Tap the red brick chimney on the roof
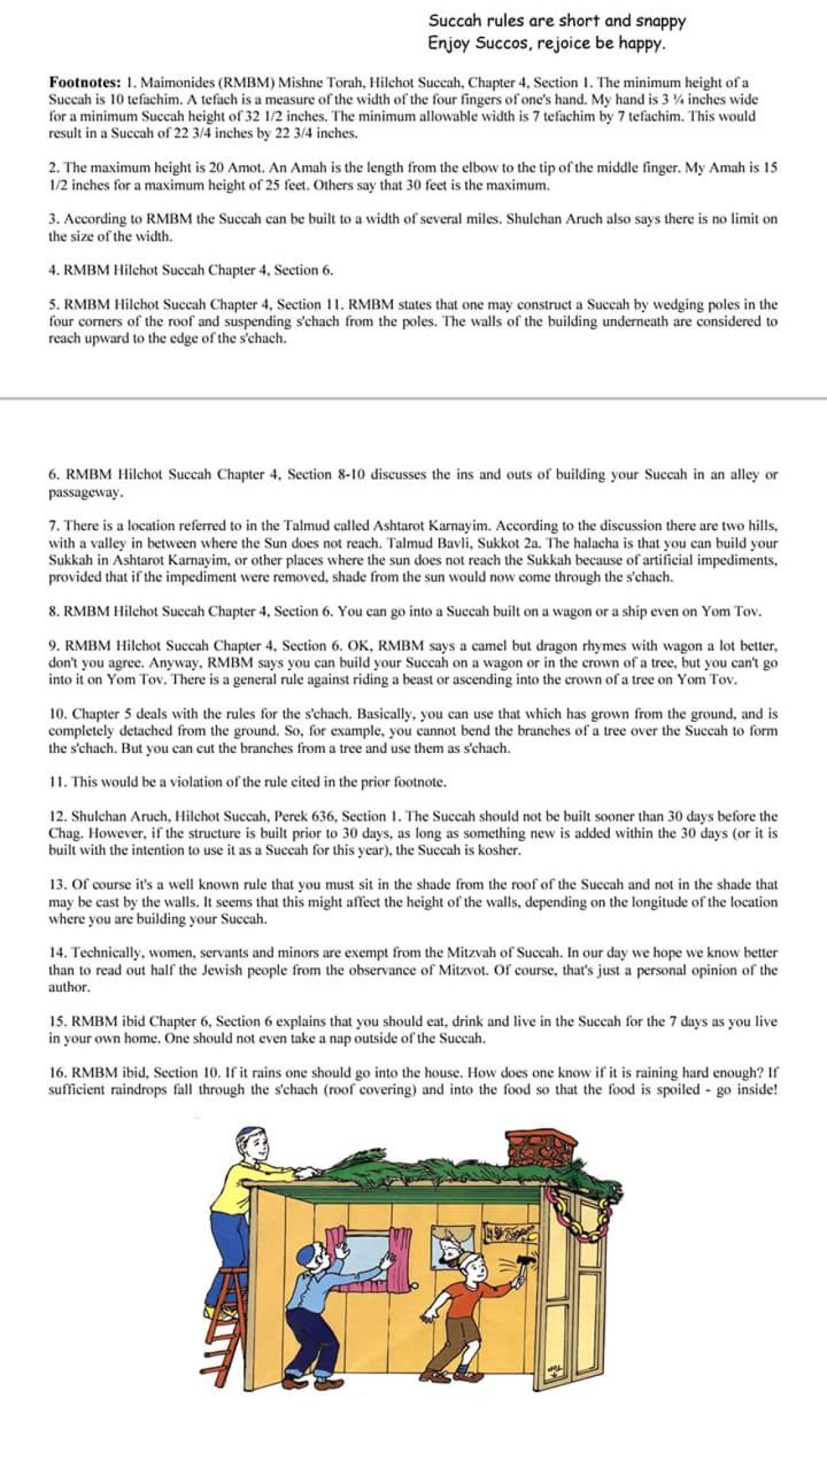click(x=541, y=1147)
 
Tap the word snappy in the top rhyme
click(x=660, y=21)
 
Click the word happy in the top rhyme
click(x=642, y=44)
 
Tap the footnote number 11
click(x=57, y=782)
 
